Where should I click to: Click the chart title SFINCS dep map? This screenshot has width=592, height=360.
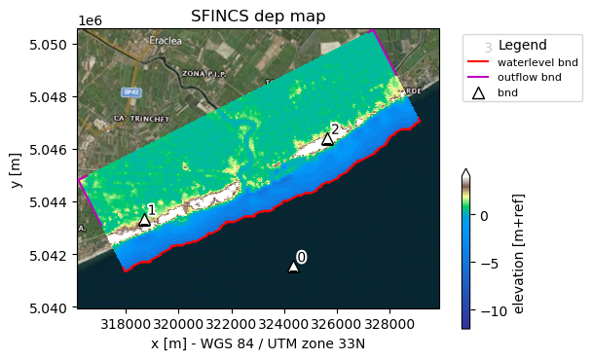257,16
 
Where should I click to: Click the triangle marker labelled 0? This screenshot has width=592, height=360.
293,266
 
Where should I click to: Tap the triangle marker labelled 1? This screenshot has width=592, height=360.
144,220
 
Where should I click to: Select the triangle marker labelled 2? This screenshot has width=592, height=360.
327,139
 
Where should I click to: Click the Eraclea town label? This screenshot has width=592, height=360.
165,41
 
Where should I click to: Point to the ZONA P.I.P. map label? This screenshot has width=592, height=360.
202,74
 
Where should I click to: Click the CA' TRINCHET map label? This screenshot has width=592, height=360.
133,118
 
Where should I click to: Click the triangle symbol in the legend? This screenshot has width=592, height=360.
478,92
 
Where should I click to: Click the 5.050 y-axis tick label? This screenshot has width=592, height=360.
48,45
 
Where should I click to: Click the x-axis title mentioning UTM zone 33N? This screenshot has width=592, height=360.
257,342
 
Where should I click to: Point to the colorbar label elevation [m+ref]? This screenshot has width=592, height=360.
519,253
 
